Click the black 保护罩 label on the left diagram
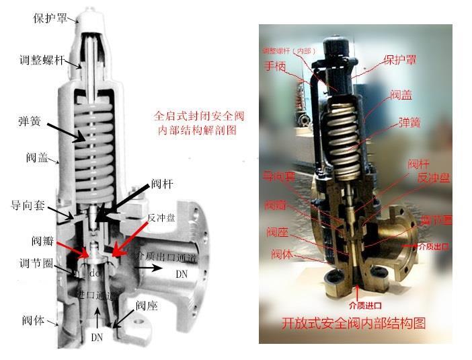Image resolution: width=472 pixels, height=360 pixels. [49, 18]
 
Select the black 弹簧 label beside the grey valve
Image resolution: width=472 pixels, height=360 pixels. [30, 122]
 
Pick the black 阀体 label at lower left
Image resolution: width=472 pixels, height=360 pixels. [32, 320]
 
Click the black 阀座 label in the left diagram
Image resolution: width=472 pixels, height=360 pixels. [146, 305]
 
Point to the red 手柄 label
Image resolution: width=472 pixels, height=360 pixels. [275, 67]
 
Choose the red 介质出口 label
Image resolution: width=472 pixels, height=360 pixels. [432, 247]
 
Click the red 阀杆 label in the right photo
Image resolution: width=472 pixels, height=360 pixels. [418, 164]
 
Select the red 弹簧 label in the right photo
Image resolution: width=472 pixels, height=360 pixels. [410, 122]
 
